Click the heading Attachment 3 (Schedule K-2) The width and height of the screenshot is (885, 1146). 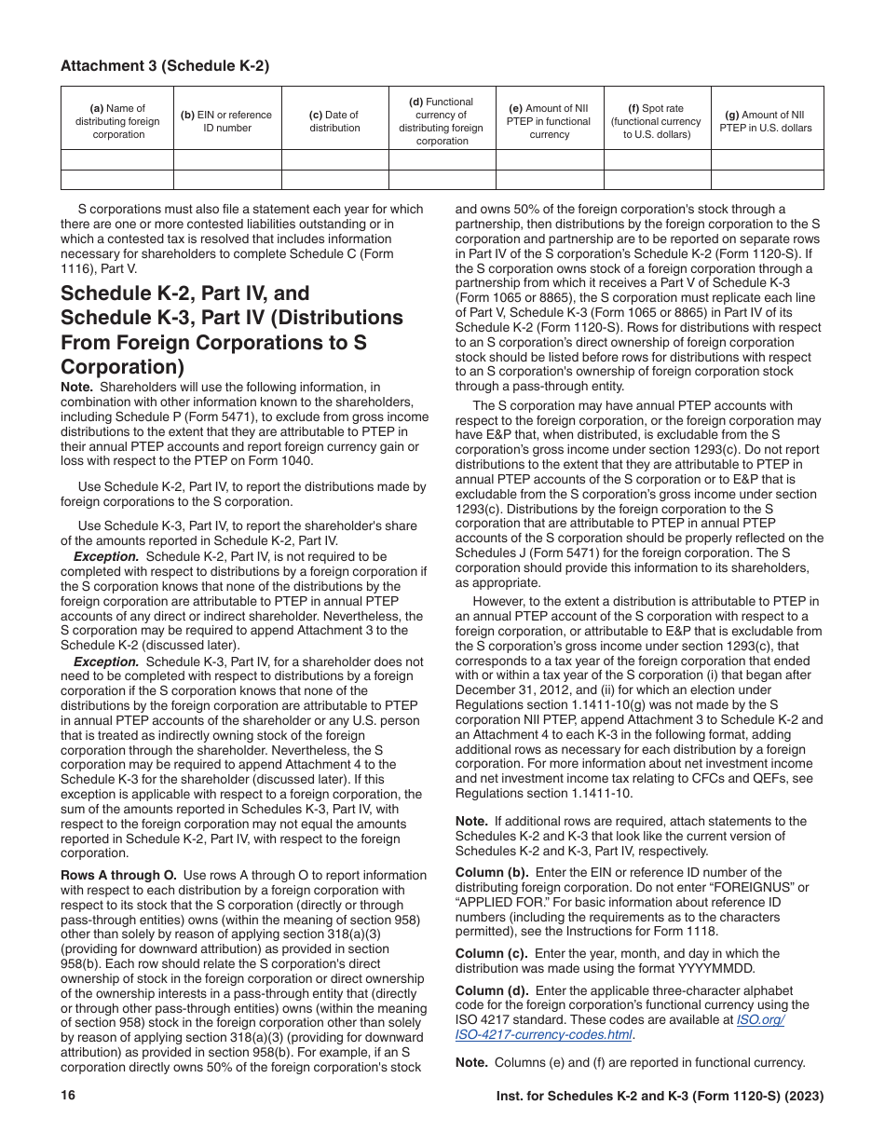point(165,65)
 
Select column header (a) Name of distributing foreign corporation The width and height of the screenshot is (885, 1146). point(117,121)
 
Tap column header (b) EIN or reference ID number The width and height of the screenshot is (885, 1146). point(226,121)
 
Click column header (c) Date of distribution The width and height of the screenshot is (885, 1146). point(334,121)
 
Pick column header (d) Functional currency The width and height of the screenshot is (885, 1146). point(442,121)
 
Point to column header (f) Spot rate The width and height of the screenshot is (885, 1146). point(657,121)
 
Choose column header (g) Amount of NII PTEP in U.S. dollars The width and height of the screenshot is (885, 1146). point(766,121)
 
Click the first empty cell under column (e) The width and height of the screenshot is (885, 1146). point(549,159)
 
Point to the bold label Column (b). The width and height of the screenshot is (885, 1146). point(491,872)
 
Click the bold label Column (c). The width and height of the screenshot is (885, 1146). point(491,953)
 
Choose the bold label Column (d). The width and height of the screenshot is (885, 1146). point(491,990)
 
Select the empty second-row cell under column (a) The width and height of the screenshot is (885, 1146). point(117,180)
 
